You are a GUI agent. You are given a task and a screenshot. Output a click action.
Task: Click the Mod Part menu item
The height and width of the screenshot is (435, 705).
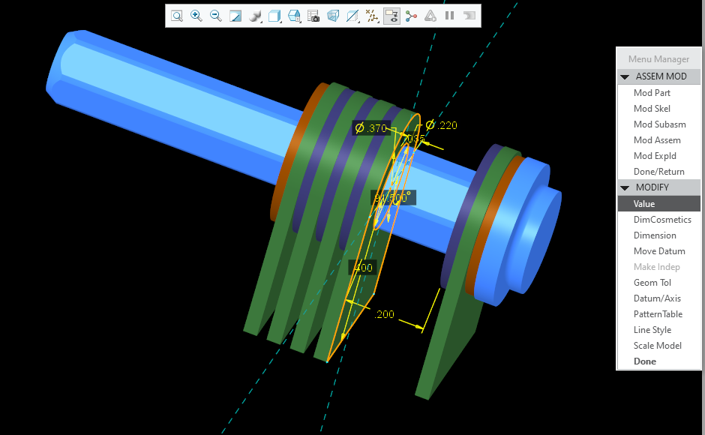[652, 93]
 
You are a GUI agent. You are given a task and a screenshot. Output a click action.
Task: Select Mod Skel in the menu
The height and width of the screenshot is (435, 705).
[652, 109]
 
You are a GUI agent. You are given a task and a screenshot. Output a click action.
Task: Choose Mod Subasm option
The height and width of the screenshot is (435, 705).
[659, 124]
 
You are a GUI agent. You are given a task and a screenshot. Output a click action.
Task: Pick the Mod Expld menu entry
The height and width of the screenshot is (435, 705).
[655, 156]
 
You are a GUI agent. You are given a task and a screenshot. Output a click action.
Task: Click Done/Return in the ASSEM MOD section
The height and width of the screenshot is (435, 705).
[658, 172]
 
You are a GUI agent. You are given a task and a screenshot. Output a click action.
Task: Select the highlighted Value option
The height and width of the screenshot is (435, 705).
[644, 204]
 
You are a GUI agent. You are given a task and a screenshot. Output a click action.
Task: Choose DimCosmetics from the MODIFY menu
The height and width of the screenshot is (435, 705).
[662, 220]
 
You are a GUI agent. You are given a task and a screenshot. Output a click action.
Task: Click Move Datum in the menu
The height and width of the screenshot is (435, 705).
[658, 251]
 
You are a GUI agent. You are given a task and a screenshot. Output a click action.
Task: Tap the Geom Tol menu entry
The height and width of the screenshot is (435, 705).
[652, 283]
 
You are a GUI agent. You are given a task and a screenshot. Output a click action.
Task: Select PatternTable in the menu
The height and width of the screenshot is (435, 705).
[658, 314]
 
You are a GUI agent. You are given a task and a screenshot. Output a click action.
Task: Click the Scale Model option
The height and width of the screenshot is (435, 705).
[657, 346]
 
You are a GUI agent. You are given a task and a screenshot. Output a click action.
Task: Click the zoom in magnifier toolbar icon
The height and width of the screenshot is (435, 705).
[196, 16]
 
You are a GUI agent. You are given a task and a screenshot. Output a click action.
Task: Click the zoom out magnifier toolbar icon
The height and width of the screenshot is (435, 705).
[216, 16]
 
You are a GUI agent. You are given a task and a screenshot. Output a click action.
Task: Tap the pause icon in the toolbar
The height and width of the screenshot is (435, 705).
[450, 16]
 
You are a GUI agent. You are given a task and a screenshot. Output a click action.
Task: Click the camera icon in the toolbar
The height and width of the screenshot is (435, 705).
[313, 16]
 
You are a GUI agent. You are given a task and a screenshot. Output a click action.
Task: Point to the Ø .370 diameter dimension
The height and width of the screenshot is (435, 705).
[371, 128]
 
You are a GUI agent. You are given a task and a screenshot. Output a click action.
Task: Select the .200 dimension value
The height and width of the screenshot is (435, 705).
[384, 314]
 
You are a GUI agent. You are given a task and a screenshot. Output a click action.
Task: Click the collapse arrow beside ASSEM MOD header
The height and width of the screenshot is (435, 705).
[624, 77]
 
